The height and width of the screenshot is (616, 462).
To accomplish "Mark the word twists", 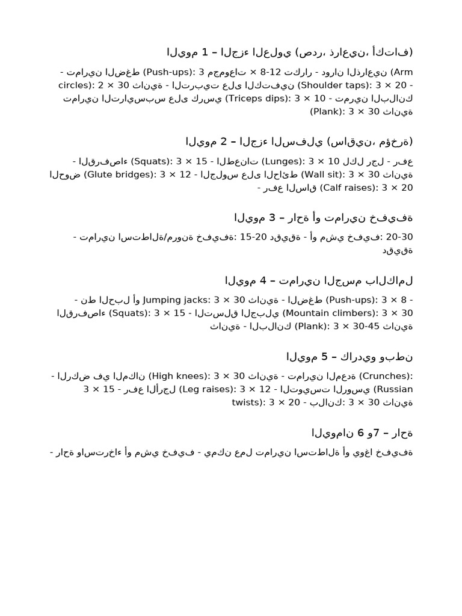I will tap(246, 402).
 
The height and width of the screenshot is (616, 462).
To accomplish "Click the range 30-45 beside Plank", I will tap(366, 326).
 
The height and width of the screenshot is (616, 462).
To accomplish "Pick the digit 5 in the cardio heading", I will tap(325, 357).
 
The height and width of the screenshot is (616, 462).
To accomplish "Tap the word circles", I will tap(75, 85).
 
